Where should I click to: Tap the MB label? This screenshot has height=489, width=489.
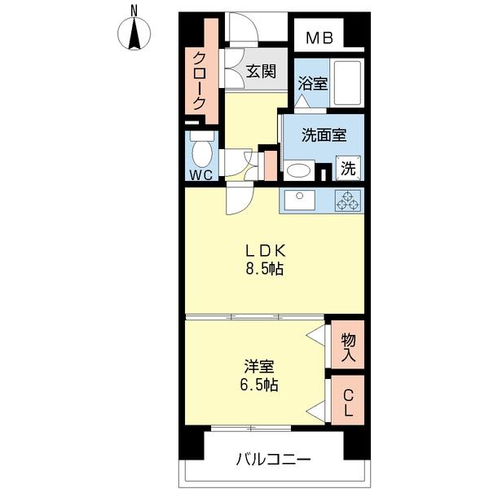click(x=319, y=37)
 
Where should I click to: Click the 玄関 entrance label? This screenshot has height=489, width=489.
click(x=262, y=70)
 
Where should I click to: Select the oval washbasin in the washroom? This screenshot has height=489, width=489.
click(x=297, y=171)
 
